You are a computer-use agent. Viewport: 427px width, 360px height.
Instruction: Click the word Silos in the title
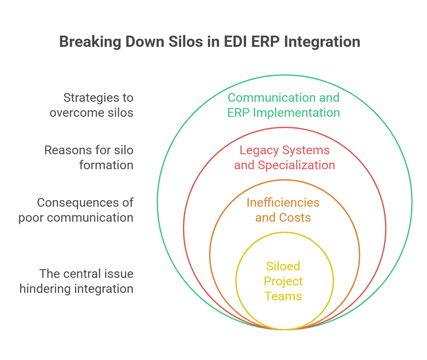pyautogui.click(x=186, y=42)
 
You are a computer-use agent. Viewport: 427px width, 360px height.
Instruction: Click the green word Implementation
pyautogui.click(x=296, y=113)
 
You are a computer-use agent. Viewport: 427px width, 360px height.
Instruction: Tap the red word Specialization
pyautogui.click(x=296, y=165)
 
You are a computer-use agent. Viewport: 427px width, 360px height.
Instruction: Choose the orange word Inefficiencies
pyautogui.click(x=283, y=203)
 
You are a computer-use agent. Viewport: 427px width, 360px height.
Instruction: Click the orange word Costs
pyautogui.click(x=295, y=218)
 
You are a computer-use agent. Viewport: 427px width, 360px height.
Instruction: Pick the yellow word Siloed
pyautogui.click(x=283, y=266)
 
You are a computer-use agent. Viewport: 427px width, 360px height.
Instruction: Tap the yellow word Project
pyautogui.click(x=283, y=282)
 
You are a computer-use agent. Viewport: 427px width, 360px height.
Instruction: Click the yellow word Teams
pyautogui.click(x=283, y=296)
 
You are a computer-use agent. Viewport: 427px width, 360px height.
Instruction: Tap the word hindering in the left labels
pyautogui.click(x=44, y=289)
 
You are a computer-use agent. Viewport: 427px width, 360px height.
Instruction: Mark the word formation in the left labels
pyautogui.click(x=106, y=165)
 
